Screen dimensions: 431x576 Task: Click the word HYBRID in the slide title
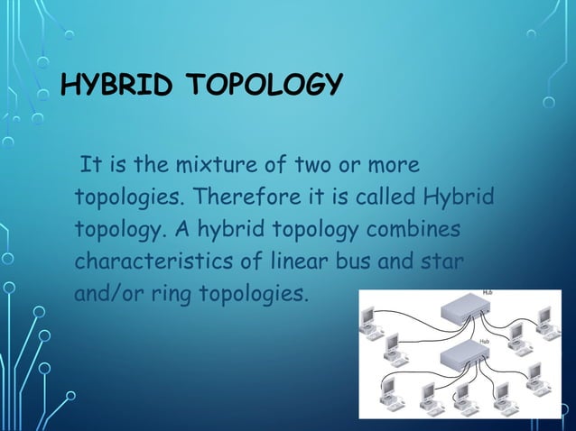click(x=113, y=86)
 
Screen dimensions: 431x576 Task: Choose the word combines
click(x=413, y=229)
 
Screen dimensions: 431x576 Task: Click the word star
click(x=441, y=261)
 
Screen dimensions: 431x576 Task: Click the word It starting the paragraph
click(x=89, y=166)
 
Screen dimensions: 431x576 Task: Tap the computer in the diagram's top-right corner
click(x=544, y=320)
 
